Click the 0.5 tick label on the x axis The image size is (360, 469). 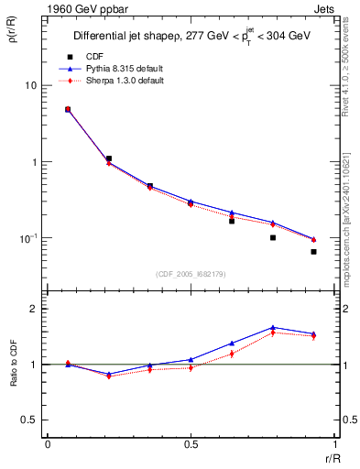[x=191, y=444]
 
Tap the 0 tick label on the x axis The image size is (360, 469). [x=48, y=444]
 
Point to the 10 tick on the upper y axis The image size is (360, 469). [x=30, y=85]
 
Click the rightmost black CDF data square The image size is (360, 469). [x=313, y=251]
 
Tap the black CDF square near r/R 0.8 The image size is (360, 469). [x=273, y=237]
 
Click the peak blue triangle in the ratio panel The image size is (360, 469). [x=273, y=327]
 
